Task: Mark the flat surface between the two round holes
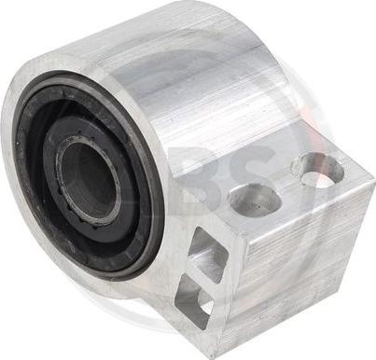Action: [x=285, y=186]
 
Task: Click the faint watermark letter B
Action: [x=201, y=177]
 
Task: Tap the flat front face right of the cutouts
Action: [x=280, y=280]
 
